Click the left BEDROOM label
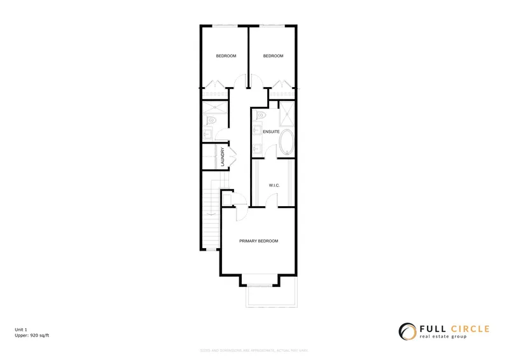[x=226, y=56]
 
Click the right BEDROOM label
[x=273, y=56]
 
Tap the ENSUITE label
[x=271, y=132]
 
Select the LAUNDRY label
[x=223, y=157]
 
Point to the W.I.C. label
[x=275, y=185]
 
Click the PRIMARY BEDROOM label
[x=258, y=241]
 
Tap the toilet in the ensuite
[x=258, y=116]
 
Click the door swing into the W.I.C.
[x=272, y=200]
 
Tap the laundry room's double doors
[x=233, y=156]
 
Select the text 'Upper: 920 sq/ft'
[x=32, y=334]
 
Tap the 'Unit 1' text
[x=22, y=329]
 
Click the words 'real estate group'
[x=443, y=336]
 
